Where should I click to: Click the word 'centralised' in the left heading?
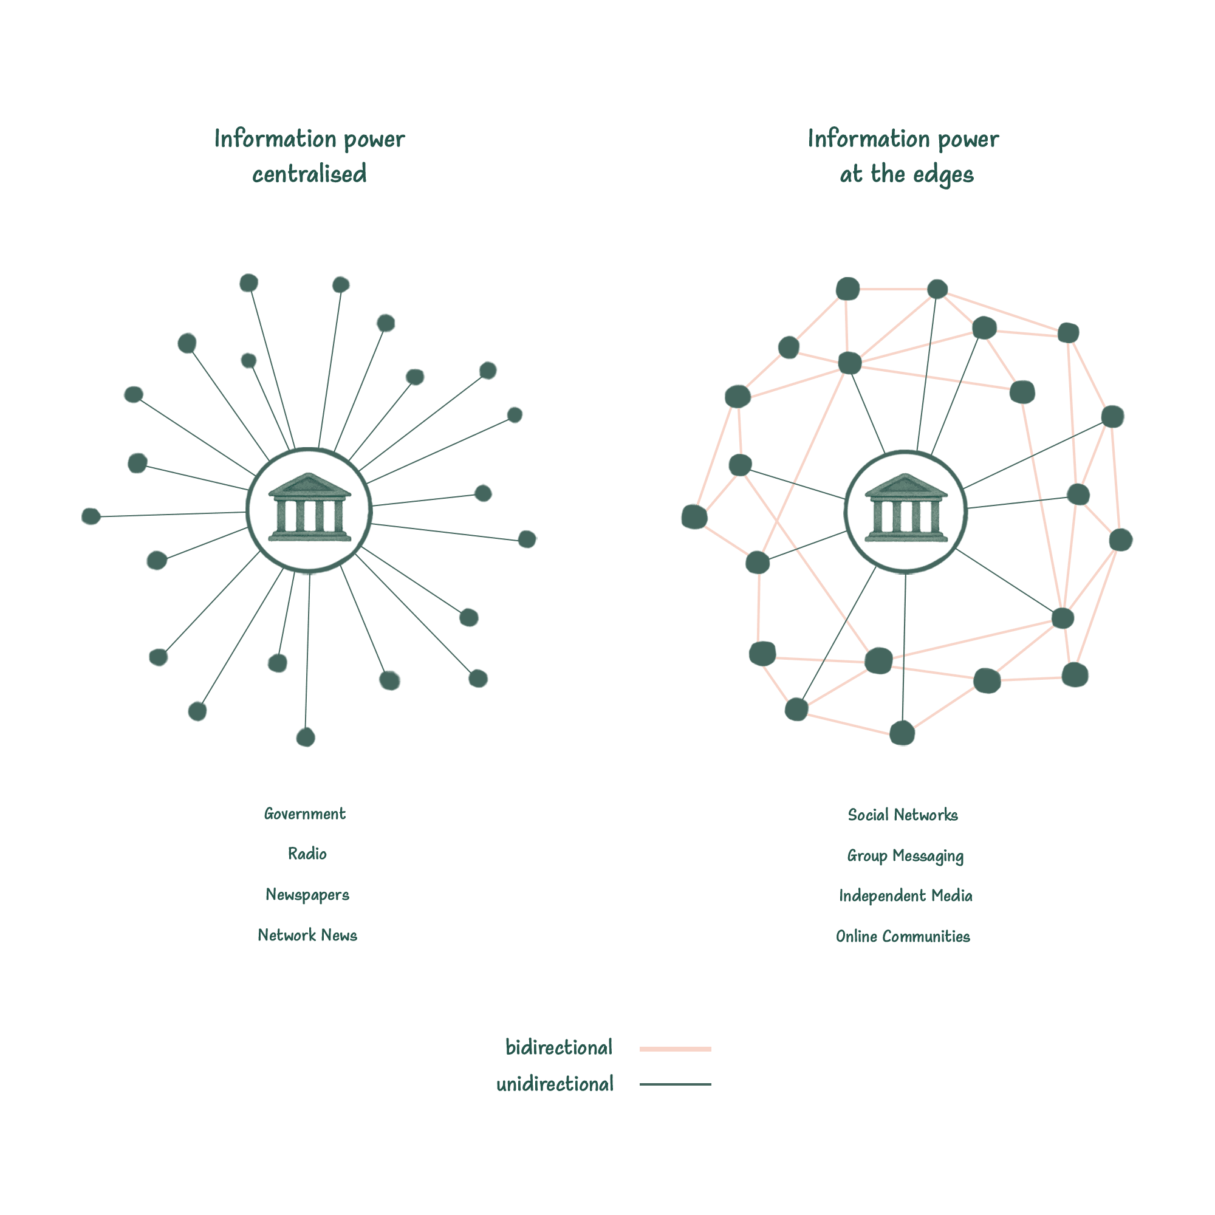(309, 174)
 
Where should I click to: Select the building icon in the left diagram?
(309, 507)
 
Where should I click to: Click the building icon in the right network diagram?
(905, 507)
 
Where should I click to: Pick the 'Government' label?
(305, 814)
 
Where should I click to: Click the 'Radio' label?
(307, 854)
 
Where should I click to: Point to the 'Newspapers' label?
(307, 894)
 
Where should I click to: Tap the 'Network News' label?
(307, 935)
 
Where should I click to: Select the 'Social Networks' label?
(903, 815)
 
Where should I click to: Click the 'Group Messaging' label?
(905, 856)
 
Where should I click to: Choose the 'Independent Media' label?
(906, 895)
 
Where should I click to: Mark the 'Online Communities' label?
(903, 936)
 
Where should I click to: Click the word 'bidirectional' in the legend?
(558, 1048)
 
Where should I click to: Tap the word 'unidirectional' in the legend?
(555, 1084)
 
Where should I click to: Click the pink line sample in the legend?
(676, 1049)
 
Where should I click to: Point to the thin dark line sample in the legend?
(676, 1084)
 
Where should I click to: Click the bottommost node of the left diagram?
(305, 736)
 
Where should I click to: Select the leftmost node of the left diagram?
(91, 516)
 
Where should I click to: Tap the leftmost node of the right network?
(694, 517)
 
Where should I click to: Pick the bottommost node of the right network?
(903, 733)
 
